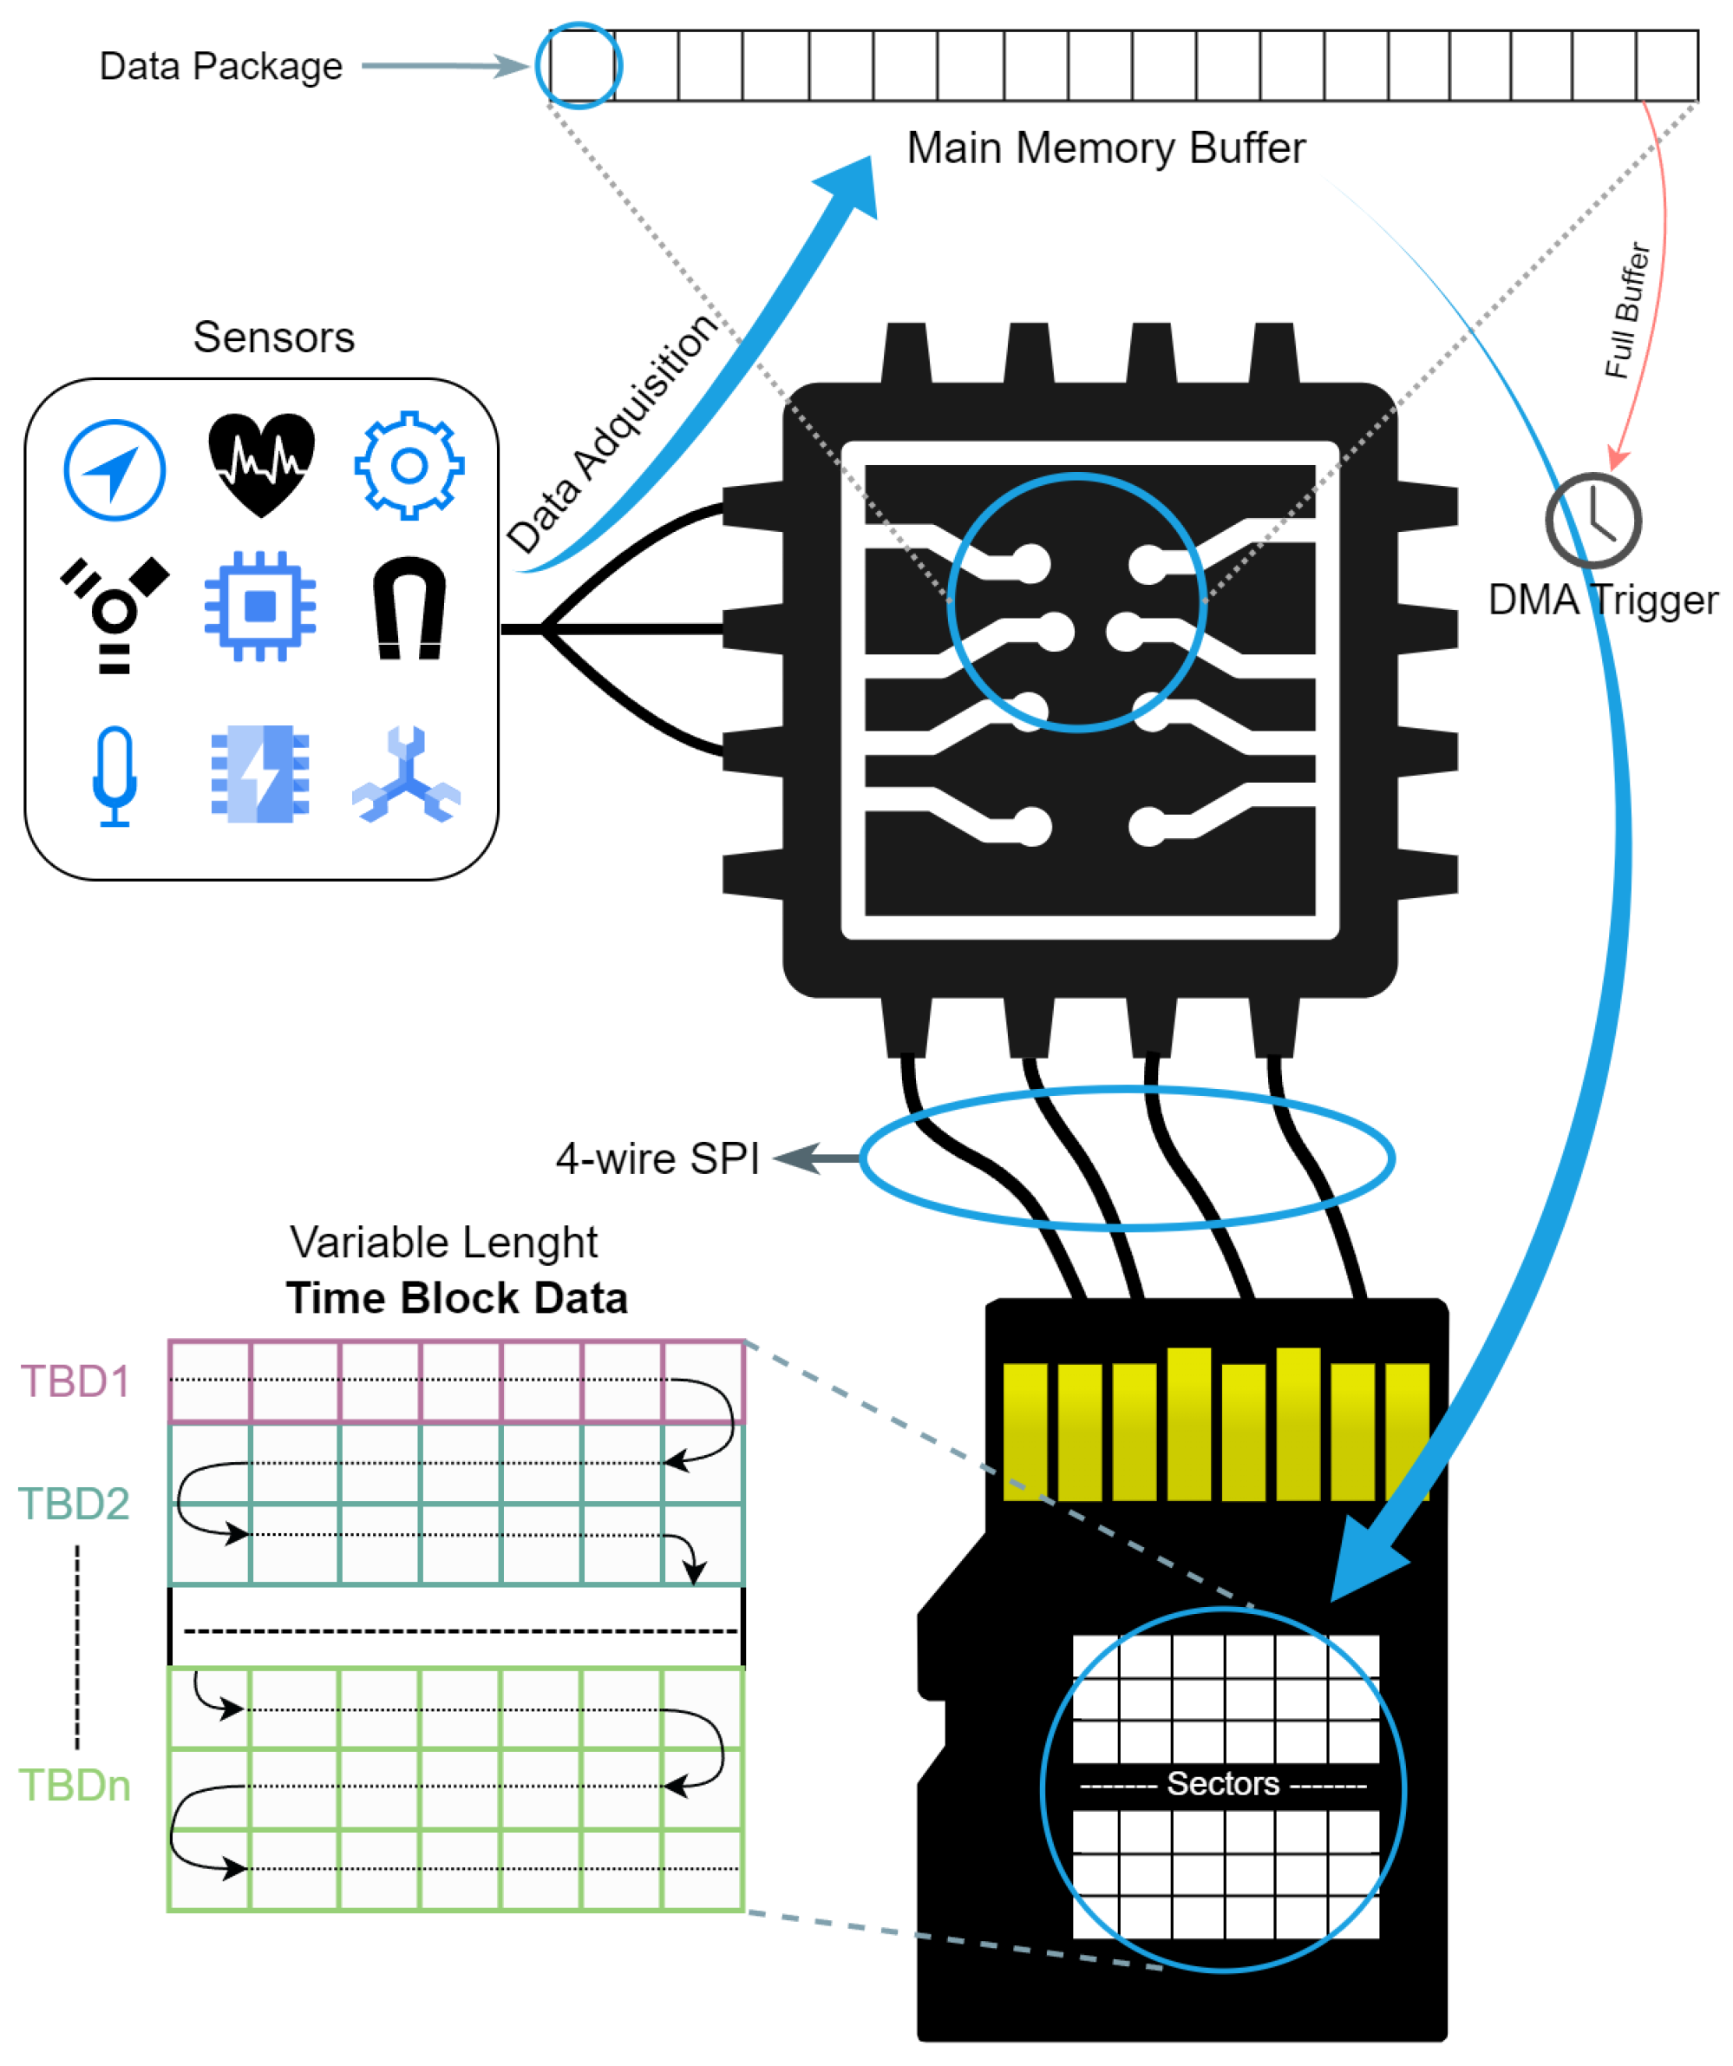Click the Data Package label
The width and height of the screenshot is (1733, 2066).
tap(221, 67)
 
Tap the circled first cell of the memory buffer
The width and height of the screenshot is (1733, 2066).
tap(579, 66)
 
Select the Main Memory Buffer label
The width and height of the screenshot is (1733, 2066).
tap(1106, 148)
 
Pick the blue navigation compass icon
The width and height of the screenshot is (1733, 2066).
tap(115, 470)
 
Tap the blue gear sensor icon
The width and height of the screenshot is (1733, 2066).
tap(409, 465)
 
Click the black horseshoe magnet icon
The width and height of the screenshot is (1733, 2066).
tap(409, 608)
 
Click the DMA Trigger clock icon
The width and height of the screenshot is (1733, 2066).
tap(1592, 521)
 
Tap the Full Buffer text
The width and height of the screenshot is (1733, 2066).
tap(1628, 311)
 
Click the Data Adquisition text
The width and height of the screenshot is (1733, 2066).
tap(611, 434)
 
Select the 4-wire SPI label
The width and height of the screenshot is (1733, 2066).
tap(657, 1159)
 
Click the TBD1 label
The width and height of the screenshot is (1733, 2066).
tap(75, 1382)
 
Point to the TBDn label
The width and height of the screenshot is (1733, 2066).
tap(75, 1786)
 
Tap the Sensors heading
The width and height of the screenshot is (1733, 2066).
tap(273, 338)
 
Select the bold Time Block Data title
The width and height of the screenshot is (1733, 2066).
tap(456, 1299)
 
